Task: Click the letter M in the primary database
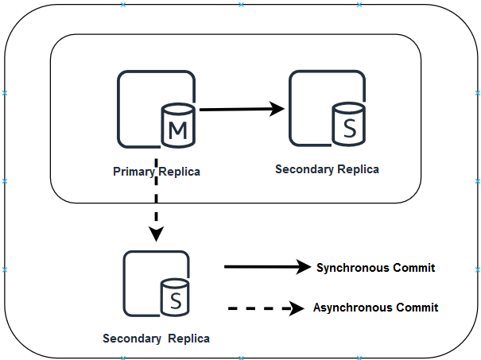click(x=180, y=130)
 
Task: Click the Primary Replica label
click(x=157, y=172)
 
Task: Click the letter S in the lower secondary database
click(x=175, y=300)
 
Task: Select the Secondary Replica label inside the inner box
click(x=327, y=169)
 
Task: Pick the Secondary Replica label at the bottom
click(x=157, y=339)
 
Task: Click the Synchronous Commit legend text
click(x=375, y=268)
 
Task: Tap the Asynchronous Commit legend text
click(x=375, y=308)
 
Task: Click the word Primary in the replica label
click(x=134, y=172)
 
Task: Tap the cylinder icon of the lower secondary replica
click(x=175, y=298)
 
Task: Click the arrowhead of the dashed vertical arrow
click(x=157, y=234)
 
